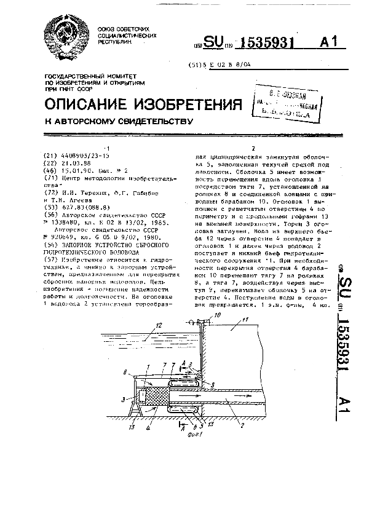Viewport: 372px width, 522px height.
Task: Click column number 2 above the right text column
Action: [254, 148]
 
